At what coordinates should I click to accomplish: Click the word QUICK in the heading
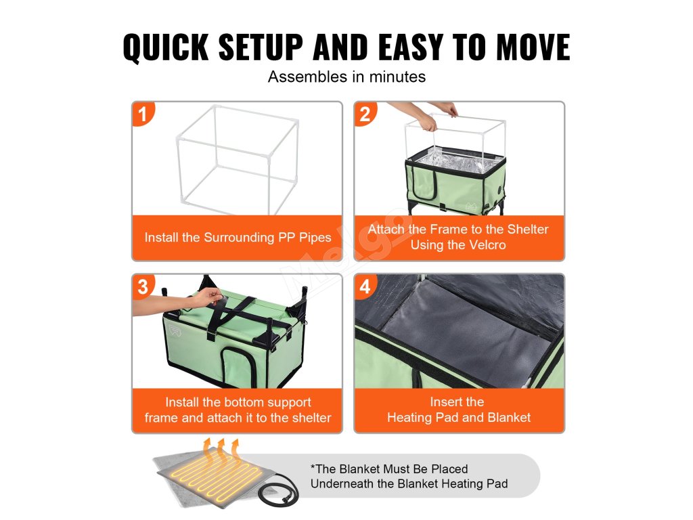(166, 47)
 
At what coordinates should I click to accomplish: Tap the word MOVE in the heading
(533, 47)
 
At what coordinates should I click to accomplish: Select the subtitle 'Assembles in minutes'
(346, 77)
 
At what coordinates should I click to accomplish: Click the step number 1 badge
(142, 114)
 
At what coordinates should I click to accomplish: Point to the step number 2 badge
(365, 114)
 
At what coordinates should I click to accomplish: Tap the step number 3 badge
(142, 286)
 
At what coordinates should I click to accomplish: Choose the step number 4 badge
(365, 286)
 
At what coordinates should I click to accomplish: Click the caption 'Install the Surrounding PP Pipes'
(238, 238)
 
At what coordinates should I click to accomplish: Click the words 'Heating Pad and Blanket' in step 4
(459, 417)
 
